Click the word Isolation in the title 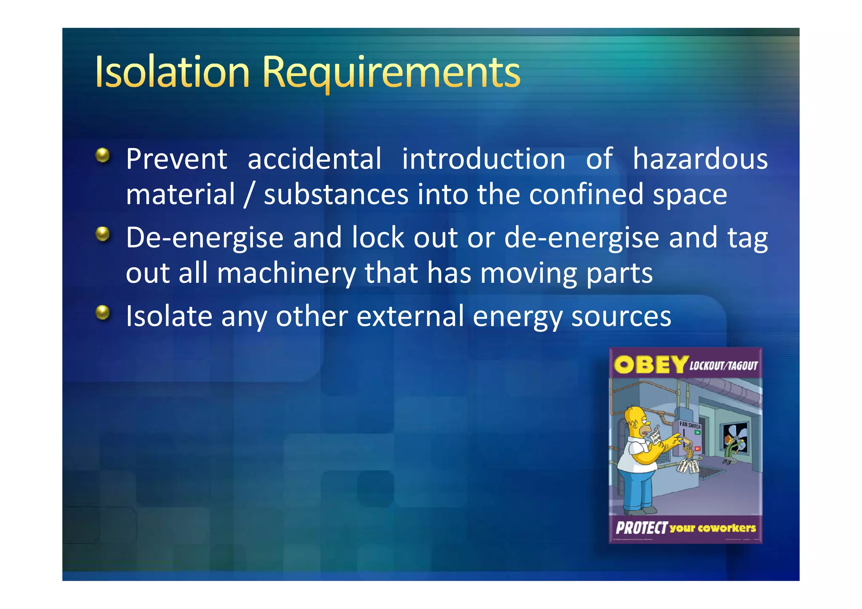[x=173, y=72]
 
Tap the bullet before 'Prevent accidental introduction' [x=102, y=155]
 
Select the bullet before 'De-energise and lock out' [x=102, y=234]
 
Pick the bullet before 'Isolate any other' [x=102, y=313]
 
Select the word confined [x=586, y=195]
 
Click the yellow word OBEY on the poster [x=650, y=364]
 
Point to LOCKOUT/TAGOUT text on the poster [x=723, y=365]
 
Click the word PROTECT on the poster [x=641, y=528]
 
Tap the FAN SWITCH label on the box [x=689, y=425]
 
